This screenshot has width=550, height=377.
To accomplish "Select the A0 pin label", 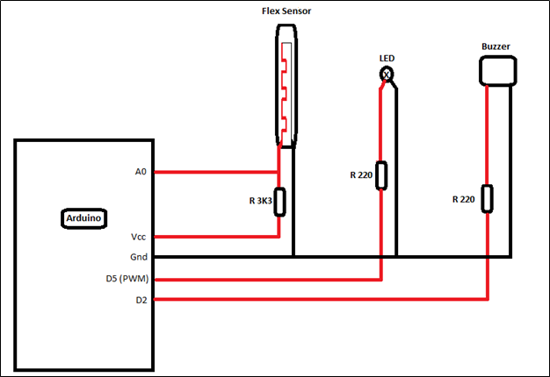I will (x=141, y=172).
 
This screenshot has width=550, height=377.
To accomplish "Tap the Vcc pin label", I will (x=139, y=237).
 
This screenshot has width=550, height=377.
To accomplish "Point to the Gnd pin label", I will (x=139, y=257).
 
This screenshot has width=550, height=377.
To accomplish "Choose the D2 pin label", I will (x=141, y=300).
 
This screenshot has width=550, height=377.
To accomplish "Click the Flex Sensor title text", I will (x=286, y=11).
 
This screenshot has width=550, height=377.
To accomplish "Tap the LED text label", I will (x=387, y=58).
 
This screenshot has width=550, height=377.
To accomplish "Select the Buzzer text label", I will (x=496, y=46).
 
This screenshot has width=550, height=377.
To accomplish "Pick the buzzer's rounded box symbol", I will (x=496, y=70).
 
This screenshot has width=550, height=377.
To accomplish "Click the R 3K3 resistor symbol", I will (x=279, y=201).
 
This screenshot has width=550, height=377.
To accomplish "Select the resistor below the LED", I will (x=381, y=174).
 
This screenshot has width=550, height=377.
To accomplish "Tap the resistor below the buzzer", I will (x=487, y=198).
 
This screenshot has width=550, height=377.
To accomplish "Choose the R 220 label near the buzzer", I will (x=463, y=199).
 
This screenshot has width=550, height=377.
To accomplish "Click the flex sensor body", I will (x=286, y=83).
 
